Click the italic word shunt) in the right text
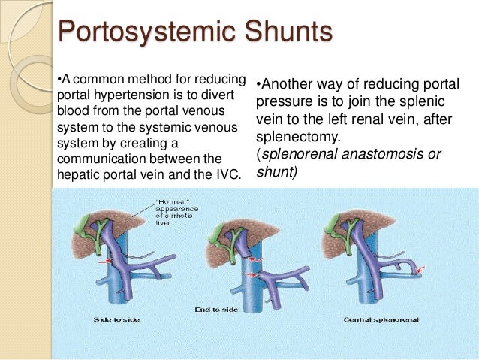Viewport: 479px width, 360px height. pyautogui.click(x=276, y=172)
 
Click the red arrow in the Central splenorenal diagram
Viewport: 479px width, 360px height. pyautogui.click(x=421, y=268)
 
